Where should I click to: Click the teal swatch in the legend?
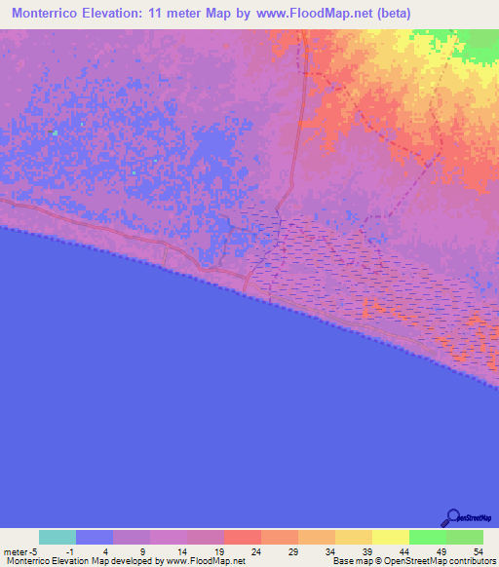click(58, 537)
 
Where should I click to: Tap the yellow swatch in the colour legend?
click(391, 537)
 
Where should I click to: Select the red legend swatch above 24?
click(243, 537)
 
